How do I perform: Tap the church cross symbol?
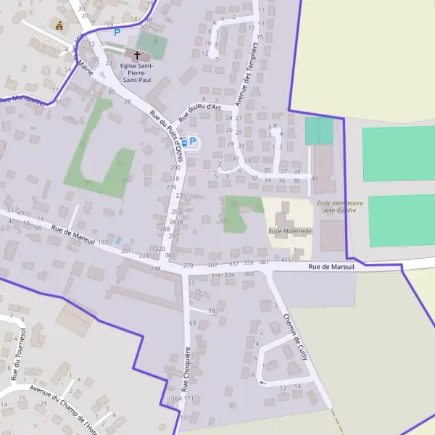(x=136, y=54)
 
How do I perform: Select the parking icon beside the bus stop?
(x=193, y=141)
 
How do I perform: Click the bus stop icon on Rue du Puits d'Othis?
(x=183, y=142)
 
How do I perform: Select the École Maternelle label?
(x=289, y=231)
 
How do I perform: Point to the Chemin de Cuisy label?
(x=297, y=330)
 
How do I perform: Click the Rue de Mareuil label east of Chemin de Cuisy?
(x=331, y=267)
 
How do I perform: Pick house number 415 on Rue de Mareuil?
(x=286, y=260)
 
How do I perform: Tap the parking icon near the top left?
(x=116, y=32)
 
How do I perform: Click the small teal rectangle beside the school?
(x=319, y=130)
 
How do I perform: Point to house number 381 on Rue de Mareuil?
(x=264, y=262)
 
